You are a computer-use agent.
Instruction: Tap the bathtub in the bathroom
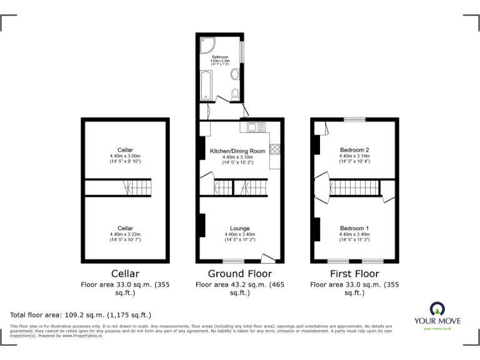[206, 85]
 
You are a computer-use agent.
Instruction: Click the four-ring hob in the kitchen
[275, 150]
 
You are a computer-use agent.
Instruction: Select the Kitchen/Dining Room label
[237, 151]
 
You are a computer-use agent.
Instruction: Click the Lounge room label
[240, 229]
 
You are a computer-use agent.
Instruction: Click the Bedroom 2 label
[354, 150]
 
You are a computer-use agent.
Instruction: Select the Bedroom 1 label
[354, 228]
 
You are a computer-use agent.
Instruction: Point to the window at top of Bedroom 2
[354, 119]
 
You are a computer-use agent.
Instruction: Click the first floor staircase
[354, 187]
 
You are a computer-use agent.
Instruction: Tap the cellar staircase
[136, 187]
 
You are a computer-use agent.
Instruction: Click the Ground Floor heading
[240, 274]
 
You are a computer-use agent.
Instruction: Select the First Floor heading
[354, 274]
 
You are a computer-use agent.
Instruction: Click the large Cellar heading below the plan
[125, 274]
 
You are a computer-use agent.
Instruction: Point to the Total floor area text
[81, 314]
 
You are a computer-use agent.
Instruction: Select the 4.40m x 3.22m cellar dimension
[125, 234]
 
